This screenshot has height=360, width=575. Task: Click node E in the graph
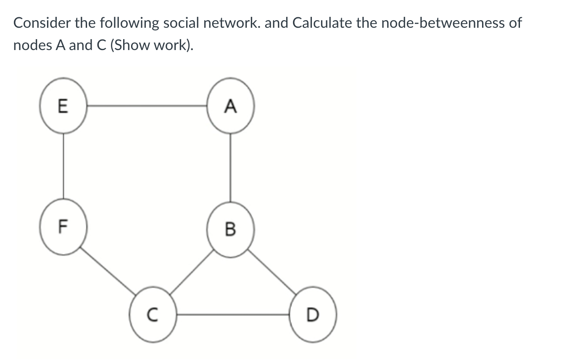[x=63, y=106]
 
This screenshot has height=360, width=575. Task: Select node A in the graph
[x=230, y=106]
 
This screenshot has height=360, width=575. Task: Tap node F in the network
[x=63, y=228]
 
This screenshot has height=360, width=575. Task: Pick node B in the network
[x=230, y=229]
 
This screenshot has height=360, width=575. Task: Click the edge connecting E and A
[x=147, y=106]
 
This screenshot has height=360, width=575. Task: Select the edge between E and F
[x=63, y=166]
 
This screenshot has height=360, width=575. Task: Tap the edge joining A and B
[x=230, y=167]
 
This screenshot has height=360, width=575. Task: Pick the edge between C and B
[x=192, y=272]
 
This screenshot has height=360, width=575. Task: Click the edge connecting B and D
[x=272, y=271]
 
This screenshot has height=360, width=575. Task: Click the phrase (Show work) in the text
[x=152, y=45]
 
